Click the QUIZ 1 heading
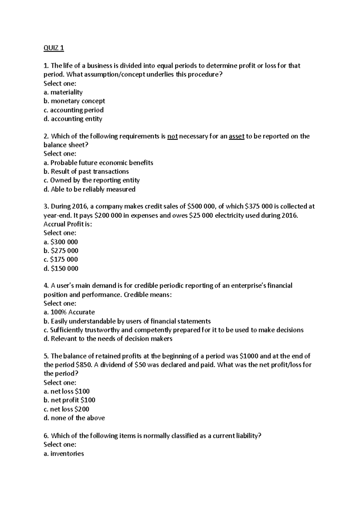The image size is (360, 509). (x=54, y=48)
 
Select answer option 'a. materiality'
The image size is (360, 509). (x=63, y=92)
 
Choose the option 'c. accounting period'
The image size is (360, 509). (x=73, y=110)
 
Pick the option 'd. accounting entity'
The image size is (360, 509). (x=73, y=119)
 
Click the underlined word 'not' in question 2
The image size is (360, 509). (x=172, y=136)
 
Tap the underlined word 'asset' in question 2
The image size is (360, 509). (x=236, y=136)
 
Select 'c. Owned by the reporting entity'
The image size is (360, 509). (x=91, y=180)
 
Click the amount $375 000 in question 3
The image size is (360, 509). (x=259, y=207)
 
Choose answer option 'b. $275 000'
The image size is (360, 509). (x=61, y=251)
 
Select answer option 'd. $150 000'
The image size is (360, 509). (x=61, y=269)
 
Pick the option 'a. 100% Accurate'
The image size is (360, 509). (x=69, y=312)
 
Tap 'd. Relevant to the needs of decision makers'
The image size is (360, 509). (x=108, y=339)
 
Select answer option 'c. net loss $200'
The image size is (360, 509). (x=66, y=409)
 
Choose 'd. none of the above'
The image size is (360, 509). (x=74, y=418)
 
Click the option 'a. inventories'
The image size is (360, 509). (x=64, y=454)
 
